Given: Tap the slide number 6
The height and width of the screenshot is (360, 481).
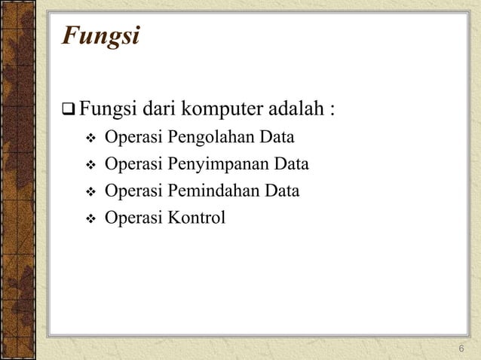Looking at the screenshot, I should point(461,347).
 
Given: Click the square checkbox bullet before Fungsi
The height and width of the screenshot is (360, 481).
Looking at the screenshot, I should point(69,114).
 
